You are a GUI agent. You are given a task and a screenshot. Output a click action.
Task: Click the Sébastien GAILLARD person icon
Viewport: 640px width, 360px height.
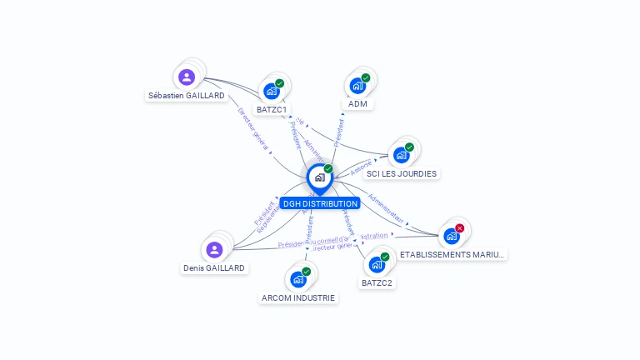coord(187,77)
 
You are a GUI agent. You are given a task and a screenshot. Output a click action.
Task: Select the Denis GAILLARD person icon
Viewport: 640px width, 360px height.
coord(214,249)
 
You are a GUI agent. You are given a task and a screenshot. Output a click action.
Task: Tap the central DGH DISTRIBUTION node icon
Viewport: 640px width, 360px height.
coord(319,177)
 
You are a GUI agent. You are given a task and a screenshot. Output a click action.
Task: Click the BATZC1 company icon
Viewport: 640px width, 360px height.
coord(271,91)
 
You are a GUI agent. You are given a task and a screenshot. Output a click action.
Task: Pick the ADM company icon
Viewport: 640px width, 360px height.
coord(357,86)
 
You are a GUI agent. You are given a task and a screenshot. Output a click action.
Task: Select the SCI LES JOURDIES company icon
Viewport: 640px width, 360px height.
coord(401,155)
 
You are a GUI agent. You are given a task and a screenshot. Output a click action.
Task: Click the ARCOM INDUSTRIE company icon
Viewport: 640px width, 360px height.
coord(297,279)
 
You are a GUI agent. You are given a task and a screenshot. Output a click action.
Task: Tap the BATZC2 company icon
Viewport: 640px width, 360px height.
coord(377,264)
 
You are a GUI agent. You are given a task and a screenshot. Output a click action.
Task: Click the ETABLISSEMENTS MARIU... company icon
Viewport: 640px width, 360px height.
coord(452,236)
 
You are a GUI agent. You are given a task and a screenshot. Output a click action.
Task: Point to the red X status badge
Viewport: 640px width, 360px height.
coord(460,228)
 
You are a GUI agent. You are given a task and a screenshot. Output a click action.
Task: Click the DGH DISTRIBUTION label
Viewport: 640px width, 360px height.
coord(320,203)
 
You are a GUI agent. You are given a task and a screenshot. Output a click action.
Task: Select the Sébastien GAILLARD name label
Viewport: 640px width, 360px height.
coord(187,96)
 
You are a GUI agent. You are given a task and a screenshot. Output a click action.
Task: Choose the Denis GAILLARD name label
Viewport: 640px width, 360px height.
coord(214,268)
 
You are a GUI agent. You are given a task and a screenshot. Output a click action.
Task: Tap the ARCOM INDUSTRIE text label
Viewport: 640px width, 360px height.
coord(298,297)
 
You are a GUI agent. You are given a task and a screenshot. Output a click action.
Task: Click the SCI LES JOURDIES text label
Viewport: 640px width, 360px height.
coord(402,173)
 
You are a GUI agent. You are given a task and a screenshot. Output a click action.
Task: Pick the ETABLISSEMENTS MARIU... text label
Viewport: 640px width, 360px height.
coord(452,254)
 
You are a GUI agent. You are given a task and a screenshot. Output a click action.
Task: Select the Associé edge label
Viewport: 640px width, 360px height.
coord(362,167)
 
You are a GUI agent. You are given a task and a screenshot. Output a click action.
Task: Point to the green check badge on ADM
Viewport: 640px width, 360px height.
coord(366,78)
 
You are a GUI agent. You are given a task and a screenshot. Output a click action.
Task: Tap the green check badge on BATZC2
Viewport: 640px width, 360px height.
coord(385,257)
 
